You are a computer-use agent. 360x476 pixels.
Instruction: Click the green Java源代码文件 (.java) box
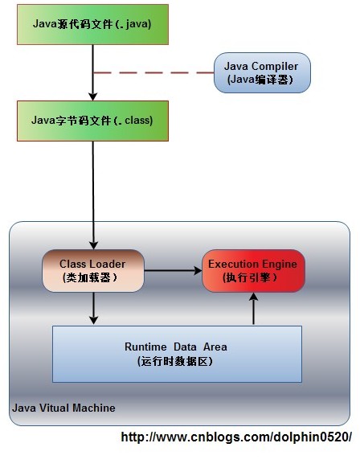92,24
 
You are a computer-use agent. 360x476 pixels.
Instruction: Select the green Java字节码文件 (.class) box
92,121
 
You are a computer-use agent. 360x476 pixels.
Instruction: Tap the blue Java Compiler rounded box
262,72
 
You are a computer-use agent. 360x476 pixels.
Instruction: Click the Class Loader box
93,271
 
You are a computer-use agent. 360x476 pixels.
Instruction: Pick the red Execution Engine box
254,271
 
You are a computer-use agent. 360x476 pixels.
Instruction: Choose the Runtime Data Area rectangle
177,354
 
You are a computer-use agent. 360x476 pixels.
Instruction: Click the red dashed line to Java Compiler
153,72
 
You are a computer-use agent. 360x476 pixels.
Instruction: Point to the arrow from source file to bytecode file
93,72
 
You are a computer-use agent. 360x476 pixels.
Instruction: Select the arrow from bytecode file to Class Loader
93,193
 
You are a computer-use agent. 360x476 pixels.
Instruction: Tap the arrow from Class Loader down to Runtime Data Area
93,309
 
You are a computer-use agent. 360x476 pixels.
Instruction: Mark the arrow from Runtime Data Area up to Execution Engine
254,309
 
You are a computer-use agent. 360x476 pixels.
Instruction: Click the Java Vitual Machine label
63,408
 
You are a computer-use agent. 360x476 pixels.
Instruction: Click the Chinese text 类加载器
90,277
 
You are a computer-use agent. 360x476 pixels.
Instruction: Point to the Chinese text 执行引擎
253,277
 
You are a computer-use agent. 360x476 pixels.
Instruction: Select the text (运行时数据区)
176,361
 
